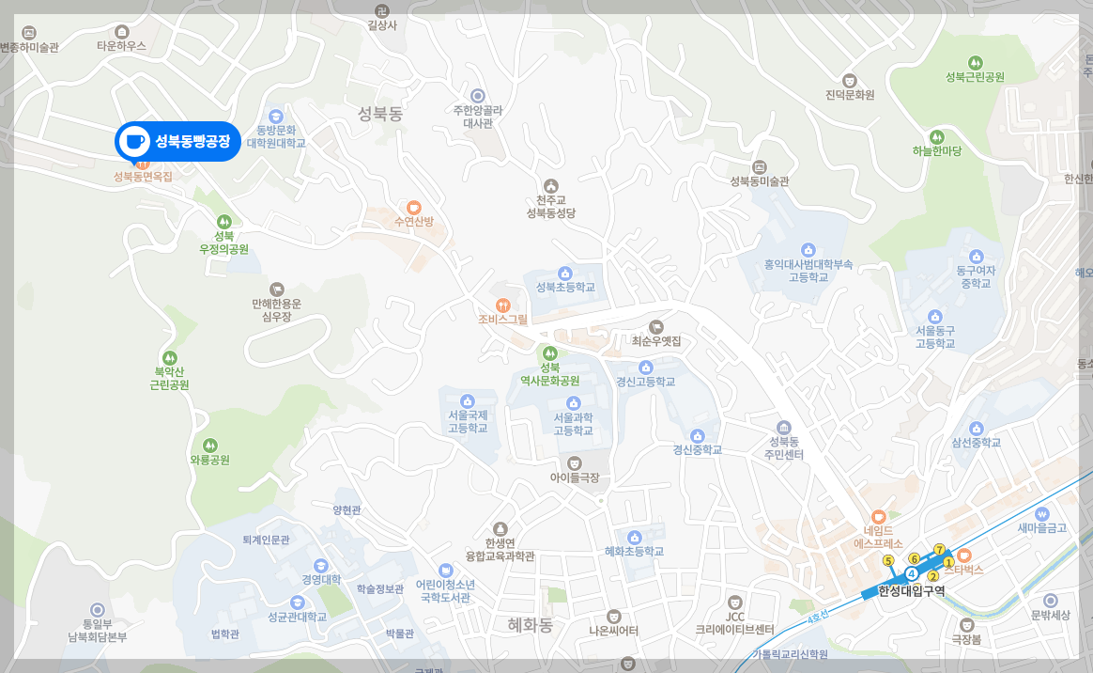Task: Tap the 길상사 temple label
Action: (x=382, y=25)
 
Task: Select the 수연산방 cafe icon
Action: (x=413, y=207)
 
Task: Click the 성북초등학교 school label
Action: (x=565, y=287)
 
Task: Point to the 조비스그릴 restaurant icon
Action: (x=503, y=305)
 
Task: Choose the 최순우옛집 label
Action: (x=656, y=340)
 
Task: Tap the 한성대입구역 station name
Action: (x=911, y=591)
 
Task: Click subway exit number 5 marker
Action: (x=888, y=561)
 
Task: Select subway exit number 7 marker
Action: (x=938, y=549)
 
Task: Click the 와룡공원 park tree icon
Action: (x=209, y=446)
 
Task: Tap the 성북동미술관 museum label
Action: (x=760, y=181)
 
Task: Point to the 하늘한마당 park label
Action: (x=937, y=150)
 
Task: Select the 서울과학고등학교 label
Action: (x=575, y=424)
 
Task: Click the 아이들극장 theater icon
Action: (x=575, y=462)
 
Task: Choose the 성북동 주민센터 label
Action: (x=784, y=447)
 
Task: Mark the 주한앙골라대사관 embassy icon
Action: (x=478, y=95)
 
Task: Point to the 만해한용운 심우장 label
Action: (x=277, y=310)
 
